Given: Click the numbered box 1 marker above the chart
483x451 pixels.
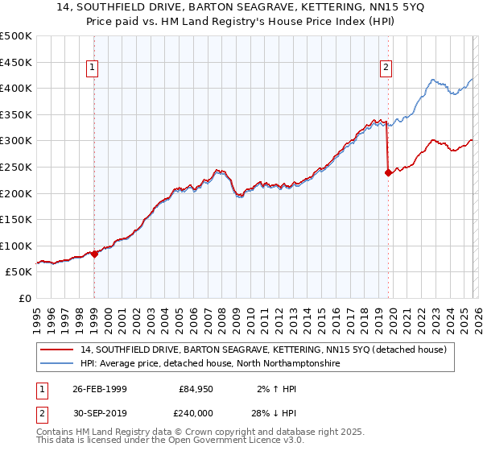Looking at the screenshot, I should (93, 68).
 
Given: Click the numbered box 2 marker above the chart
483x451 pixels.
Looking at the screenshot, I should (386, 68).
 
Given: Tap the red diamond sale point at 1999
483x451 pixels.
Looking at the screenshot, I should (94, 254).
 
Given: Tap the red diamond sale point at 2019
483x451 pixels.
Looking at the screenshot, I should (388, 172).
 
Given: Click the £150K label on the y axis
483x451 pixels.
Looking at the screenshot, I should (16, 219).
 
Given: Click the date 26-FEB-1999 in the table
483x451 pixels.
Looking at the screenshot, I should (101, 389).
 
